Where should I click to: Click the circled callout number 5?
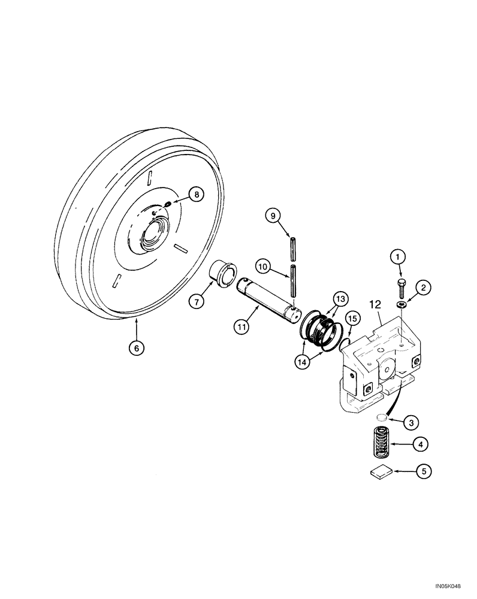[x=423, y=472]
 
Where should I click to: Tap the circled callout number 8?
[x=195, y=193]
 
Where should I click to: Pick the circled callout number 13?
[x=340, y=298]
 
